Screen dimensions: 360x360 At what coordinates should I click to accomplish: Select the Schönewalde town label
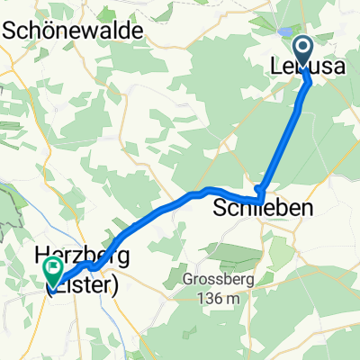[75, 30]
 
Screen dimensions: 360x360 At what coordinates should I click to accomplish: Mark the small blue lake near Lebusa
[284, 31]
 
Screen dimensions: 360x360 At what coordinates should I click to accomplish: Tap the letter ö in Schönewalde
[42, 30]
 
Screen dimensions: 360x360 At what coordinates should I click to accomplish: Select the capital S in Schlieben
[220, 209]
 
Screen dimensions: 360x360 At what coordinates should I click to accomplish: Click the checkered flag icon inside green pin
[51, 268]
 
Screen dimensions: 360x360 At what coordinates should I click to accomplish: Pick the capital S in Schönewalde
[10, 30]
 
